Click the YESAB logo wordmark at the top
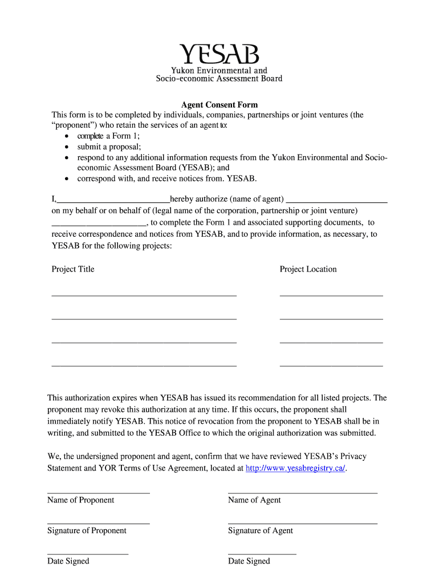click(219, 55)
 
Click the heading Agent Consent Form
click(219, 105)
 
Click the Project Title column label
click(73, 269)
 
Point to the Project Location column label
click(308, 269)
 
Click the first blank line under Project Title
click(144, 295)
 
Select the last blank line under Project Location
click(331, 364)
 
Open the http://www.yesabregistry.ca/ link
click(295, 468)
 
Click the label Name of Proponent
click(80, 500)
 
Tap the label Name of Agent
click(254, 500)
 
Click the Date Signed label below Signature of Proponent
click(68, 561)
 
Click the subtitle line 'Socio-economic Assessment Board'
click(219, 79)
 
